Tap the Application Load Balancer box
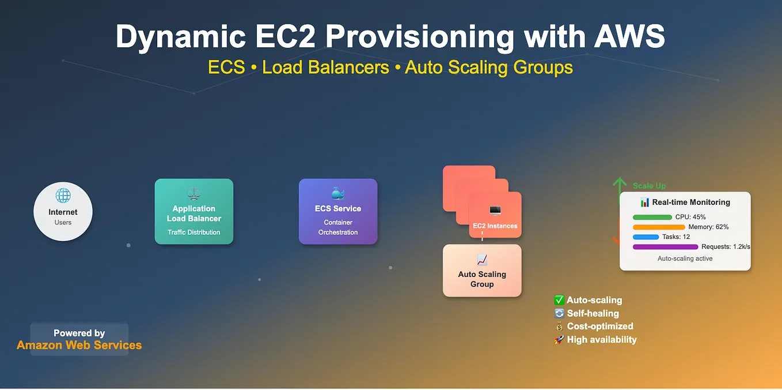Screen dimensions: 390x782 194,212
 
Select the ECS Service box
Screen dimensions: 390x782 338,212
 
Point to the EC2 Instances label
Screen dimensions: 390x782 495,226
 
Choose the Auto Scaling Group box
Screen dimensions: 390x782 482,271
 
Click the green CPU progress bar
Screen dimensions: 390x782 652,217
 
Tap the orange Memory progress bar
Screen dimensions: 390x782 659,227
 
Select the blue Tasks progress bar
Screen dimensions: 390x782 646,237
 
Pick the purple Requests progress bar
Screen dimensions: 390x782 665,247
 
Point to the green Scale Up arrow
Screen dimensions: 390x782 620,186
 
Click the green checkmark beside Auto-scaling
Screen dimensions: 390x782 559,300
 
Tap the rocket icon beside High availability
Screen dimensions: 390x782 559,340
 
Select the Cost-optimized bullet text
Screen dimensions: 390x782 600,327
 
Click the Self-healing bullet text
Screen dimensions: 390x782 593,313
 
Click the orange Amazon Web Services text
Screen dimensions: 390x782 79,345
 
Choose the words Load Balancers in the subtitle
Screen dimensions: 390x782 325,67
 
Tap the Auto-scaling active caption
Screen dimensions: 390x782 685,258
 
